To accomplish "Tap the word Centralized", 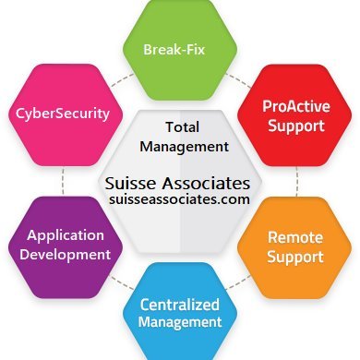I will pyautogui.click(x=180, y=305).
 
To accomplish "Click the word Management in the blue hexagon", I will pyautogui.click(x=180, y=323).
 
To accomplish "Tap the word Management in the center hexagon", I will pyautogui.click(x=181, y=145).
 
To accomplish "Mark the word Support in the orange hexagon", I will pyautogui.click(x=295, y=256).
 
